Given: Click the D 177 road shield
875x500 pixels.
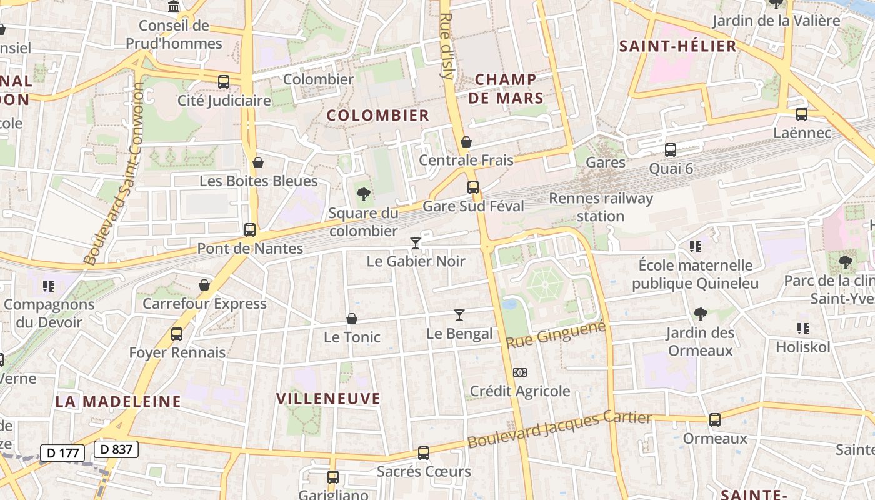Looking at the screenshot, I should [62, 452].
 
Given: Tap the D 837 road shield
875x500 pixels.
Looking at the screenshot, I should [116, 449].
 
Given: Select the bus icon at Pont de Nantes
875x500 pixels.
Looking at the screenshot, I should [250, 229].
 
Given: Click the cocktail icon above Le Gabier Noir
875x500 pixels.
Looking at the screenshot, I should [415, 242].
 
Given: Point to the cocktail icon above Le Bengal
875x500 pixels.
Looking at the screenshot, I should [459, 315].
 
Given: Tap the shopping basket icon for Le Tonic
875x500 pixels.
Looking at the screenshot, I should [352, 319].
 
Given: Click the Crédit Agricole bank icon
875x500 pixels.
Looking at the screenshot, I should [519, 372].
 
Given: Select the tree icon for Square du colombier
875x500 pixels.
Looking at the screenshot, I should [363, 194].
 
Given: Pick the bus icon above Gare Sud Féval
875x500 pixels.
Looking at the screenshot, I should [473, 187].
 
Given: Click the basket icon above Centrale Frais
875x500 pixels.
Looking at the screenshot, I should [466, 141].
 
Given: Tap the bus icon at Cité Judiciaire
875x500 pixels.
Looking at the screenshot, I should [224, 81].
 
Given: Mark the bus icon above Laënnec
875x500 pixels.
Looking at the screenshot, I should [802, 114].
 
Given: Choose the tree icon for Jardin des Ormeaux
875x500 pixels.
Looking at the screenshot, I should [700, 314].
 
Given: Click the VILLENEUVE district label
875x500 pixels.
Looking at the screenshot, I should [328, 399].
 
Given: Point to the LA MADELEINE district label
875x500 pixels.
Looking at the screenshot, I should [118, 401].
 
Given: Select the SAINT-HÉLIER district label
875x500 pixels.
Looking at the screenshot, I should [677, 46].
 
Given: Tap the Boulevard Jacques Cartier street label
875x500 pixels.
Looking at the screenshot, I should [559, 429].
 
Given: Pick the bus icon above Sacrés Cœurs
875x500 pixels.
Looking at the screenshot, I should [424, 452].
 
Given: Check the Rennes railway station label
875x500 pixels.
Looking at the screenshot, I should [601, 207].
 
